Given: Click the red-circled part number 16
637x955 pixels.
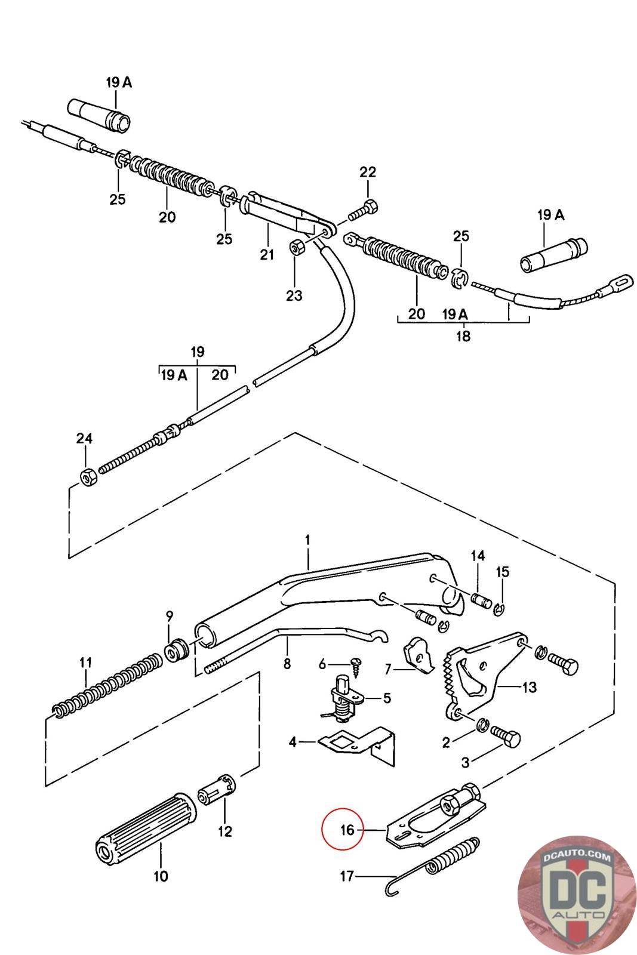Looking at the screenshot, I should click(347, 830).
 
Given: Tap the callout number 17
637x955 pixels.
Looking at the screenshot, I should click(347, 876).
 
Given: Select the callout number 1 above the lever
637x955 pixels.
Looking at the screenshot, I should click(307, 540).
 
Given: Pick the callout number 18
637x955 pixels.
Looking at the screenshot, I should click(463, 335).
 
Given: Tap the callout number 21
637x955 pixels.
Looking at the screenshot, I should click(266, 254).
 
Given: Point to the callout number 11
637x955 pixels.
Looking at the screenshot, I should click(86, 663).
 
